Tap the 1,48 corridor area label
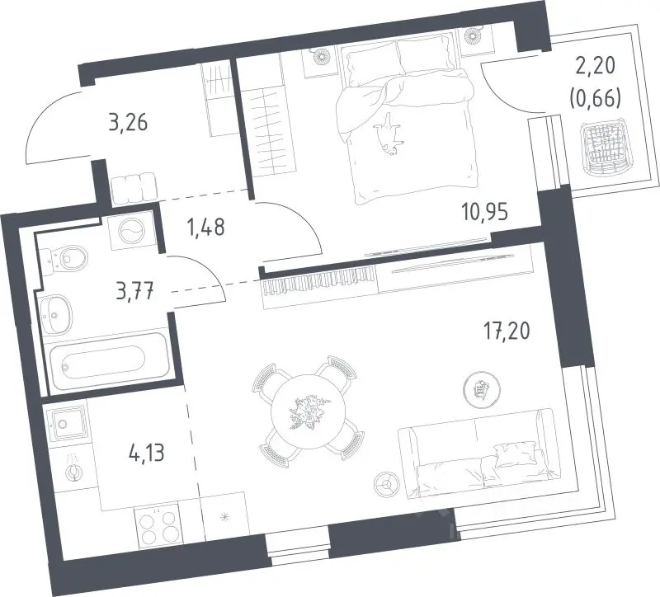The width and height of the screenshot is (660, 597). click(x=205, y=228)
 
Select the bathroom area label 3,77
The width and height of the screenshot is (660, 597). click(x=135, y=291)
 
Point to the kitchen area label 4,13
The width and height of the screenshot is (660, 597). click(x=145, y=453)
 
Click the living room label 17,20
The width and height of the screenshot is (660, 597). click(x=507, y=331)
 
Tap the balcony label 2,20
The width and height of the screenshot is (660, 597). click(x=595, y=67)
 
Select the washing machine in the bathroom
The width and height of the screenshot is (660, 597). click(x=131, y=231)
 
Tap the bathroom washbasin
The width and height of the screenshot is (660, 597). click(x=55, y=313)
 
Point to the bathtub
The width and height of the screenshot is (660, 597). click(x=109, y=361)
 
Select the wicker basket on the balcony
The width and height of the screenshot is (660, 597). click(x=603, y=148)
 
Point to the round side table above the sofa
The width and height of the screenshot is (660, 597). click(x=482, y=389)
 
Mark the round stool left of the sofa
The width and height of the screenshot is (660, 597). click(x=386, y=485)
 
